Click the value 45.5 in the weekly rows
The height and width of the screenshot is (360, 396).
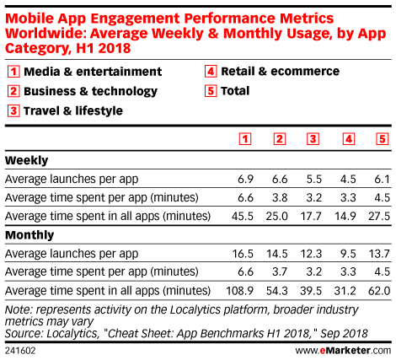[243, 216]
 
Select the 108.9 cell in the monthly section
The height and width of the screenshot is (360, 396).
[239, 291]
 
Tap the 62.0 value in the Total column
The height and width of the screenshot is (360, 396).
[379, 291]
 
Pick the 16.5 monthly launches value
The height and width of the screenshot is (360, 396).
[243, 254]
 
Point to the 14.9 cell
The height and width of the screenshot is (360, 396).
[345, 216]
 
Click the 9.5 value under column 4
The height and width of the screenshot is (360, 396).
[348, 254]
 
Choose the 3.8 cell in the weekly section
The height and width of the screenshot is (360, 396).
[280, 197]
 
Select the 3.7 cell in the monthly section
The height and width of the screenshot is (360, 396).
[280, 271]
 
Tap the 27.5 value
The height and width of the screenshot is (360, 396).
[379, 216]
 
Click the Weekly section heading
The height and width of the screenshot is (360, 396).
[27, 160]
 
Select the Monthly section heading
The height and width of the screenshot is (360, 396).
[29, 235]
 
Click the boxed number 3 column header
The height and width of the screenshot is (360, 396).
[313, 139]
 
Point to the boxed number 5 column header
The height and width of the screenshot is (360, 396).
[383, 139]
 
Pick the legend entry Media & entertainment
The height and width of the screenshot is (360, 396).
[93, 72]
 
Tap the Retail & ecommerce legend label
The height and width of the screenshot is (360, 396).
[281, 72]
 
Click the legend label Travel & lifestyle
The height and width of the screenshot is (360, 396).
[73, 110]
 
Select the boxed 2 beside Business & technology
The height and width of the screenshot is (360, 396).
[13, 91]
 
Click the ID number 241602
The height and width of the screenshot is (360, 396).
[20, 351]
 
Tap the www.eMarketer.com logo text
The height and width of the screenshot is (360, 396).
[343, 351]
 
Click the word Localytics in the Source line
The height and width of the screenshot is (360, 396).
[72, 334]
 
